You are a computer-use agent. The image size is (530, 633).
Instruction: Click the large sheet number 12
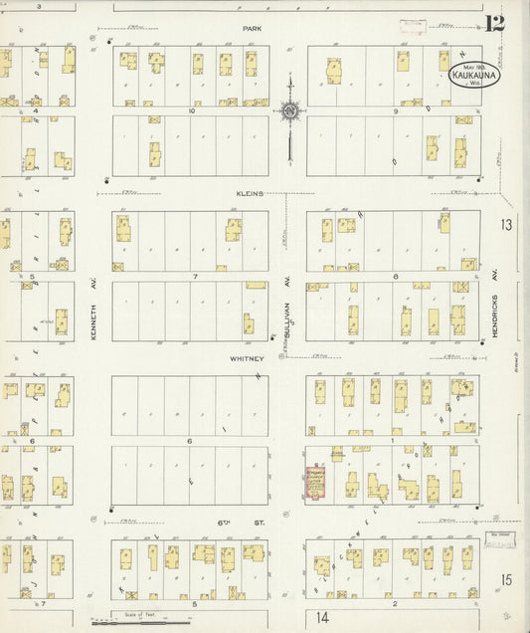click(495, 23)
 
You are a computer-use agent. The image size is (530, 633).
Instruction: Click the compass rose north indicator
click(289, 111)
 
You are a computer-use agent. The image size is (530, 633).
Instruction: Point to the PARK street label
click(253, 30)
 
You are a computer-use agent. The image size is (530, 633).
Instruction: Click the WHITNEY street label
click(248, 358)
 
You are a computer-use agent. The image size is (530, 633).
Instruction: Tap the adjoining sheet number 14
click(322, 617)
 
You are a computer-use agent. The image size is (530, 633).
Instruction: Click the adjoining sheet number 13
click(506, 225)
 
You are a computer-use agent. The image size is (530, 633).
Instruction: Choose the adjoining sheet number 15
click(506, 580)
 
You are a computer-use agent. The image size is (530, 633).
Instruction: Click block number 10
click(191, 111)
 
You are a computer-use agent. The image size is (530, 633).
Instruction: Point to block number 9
click(395, 111)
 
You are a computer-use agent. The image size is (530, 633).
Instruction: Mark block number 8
click(395, 276)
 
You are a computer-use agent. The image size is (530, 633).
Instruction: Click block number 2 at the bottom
click(395, 603)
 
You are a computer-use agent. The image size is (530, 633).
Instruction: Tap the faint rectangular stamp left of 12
click(412, 27)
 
